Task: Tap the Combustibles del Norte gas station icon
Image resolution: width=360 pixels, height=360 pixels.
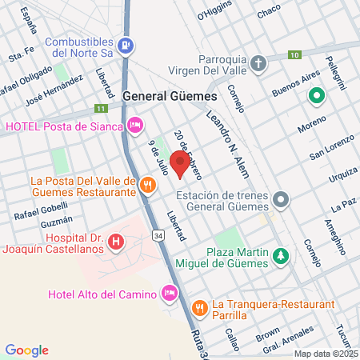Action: (x=125, y=46)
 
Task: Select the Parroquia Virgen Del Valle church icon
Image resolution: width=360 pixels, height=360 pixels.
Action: (x=258, y=62)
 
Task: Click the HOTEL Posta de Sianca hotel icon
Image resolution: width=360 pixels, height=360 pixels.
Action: (x=135, y=124)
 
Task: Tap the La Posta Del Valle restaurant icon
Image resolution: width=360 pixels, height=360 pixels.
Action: (x=147, y=186)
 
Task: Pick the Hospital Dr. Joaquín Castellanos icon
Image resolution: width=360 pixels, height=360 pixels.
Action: (x=117, y=240)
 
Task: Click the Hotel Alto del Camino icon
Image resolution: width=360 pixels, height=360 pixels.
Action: (x=169, y=294)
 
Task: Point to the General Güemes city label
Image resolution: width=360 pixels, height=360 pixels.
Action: (x=170, y=95)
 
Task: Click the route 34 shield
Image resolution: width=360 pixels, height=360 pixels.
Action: (x=158, y=236)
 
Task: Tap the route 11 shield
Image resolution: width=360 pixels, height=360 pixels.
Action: (x=100, y=109)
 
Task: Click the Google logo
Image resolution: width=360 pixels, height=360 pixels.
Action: (x=26, y=350)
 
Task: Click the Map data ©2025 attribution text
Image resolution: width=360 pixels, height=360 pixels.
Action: (x=325, y=354)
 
